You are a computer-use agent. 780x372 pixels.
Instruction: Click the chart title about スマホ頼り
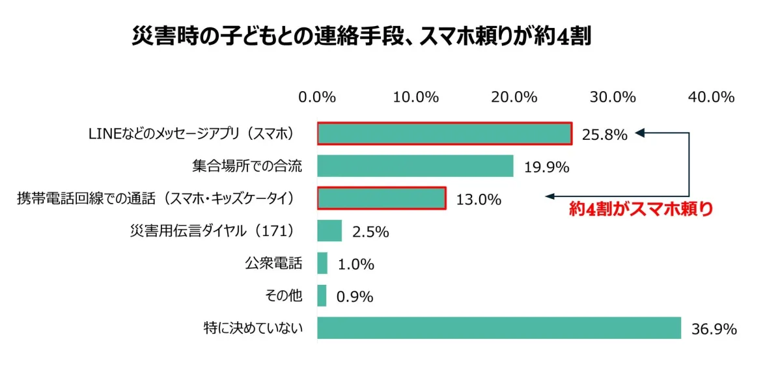click(x=361, y=36)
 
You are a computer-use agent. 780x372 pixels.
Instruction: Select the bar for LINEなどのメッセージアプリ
click(x=444, y=133)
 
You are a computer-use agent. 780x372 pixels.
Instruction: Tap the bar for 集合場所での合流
click(x=415, y=166)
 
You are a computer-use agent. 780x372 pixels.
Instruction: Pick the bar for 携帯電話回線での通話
click(x=381, y=198)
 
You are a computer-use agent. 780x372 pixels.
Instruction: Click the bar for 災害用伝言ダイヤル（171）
click(x=329, y=231)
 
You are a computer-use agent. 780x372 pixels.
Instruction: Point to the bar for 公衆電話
click(x=322, y=263)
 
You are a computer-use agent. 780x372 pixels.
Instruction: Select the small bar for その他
click(x=322, y=296)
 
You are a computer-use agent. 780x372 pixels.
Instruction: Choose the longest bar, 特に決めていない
click(x=499, y=328)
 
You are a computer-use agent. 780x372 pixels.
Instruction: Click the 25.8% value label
click(x=605, y=135)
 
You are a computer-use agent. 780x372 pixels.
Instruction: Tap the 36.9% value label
click(x=714, y=330)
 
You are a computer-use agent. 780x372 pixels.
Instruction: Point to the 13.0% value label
click(x=479, y=200)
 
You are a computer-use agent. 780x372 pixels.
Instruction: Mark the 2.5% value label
click(x=370, y=232)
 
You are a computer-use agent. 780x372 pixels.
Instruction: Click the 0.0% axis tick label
click(x=317, y=98)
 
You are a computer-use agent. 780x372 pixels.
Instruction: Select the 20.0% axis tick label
click(x=514, y=98)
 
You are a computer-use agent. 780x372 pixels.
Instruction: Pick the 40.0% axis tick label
click(x=711, y=98)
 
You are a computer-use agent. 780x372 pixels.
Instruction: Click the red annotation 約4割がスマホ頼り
click(x=641, y=209)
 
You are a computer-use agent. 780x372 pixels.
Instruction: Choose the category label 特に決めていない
click(x=253, y=328)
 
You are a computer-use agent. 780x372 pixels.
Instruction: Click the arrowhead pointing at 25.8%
click(x=639, y=133)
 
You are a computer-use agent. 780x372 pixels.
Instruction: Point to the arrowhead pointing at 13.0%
click(x=550, y=196)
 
